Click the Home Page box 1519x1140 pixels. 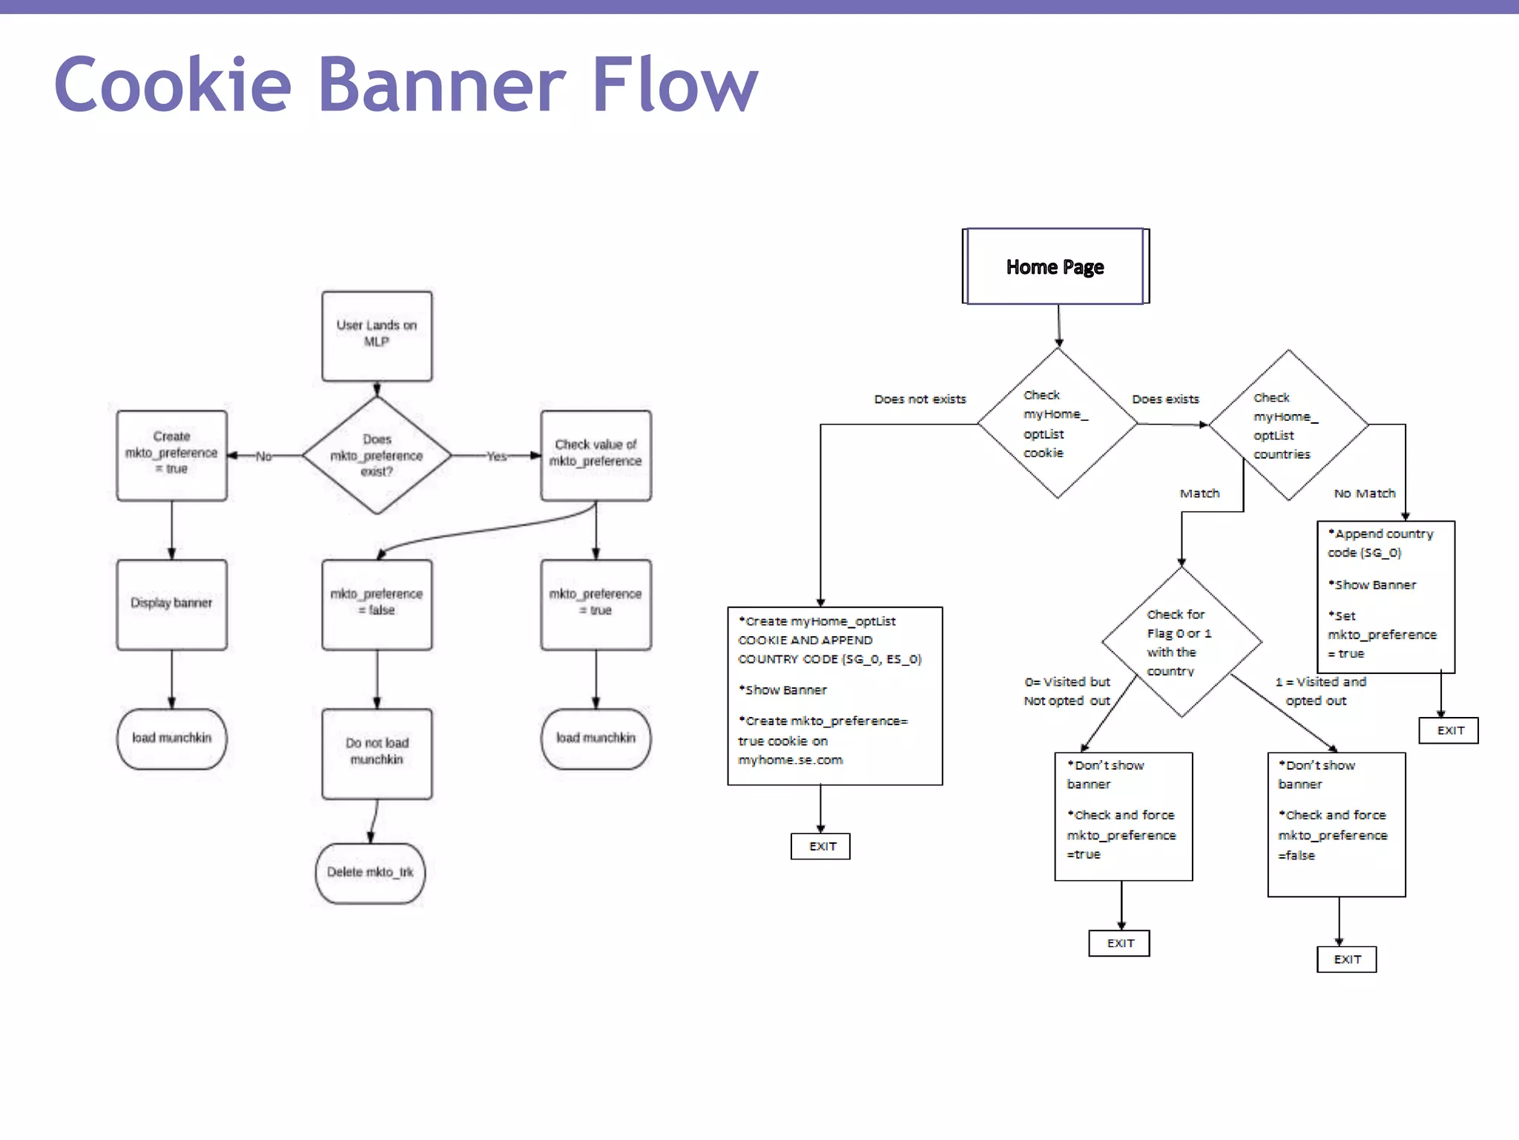[x=1055, y=266]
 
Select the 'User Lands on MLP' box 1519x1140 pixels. [x=377, y=335]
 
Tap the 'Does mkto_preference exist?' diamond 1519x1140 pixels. [x=377, y=455]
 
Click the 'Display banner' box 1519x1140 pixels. [x=171, y=604]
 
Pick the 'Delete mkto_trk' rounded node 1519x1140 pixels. [x=370, y=873]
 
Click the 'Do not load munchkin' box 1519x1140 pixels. [x=377, y=753]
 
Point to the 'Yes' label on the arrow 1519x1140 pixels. [x=496, y=456]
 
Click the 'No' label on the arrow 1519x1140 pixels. [x=263, y=456]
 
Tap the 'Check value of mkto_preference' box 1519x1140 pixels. [x=596, y=455]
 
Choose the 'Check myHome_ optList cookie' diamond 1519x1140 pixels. [x=1057, y=424]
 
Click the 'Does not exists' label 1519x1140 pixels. [x=920, y=399]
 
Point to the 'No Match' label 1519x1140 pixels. [x=1364, y=494]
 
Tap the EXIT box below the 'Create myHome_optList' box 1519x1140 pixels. [x=821, y=847]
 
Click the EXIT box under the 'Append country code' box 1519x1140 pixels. [x=1449, y=730]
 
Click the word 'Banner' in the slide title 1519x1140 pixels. [x=442, y=85]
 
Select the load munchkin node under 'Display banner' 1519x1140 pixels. [x=171, y=738]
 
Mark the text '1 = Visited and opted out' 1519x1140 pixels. [x=1319, y=692]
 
